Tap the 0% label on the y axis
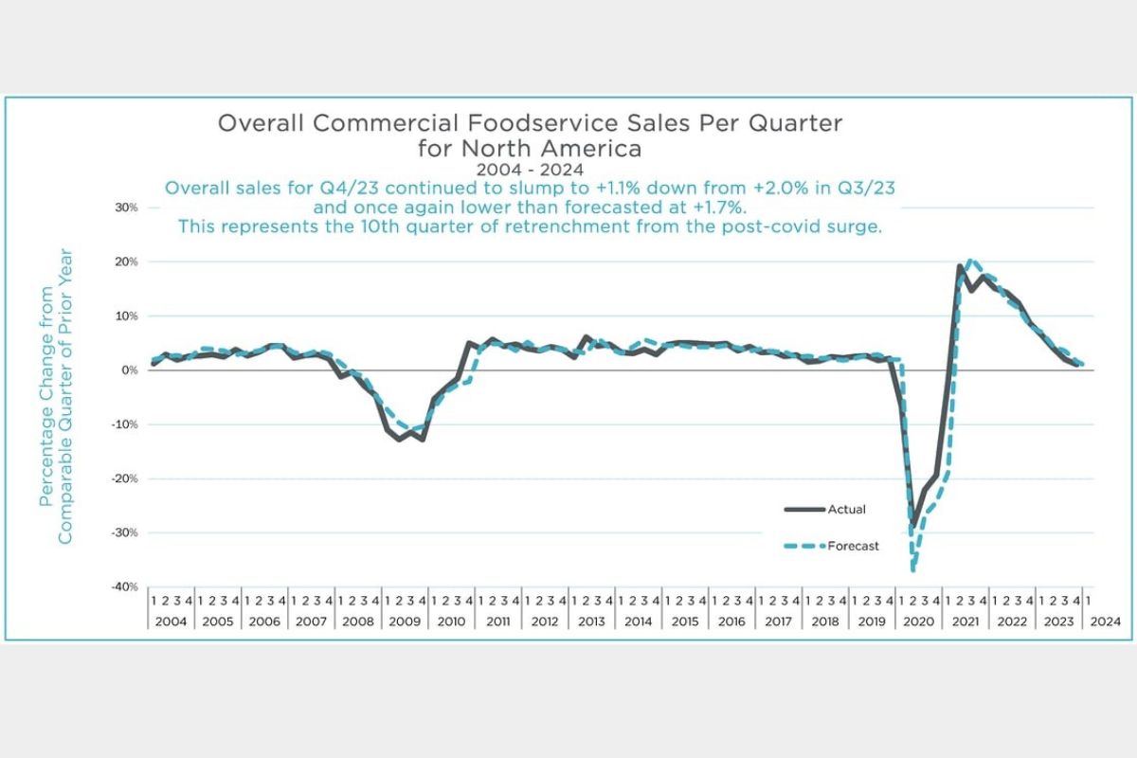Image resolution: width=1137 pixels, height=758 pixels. tap(129, 370)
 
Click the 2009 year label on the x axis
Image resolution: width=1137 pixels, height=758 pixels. tap(405, 622)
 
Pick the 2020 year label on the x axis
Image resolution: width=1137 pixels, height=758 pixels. tap(919, 622)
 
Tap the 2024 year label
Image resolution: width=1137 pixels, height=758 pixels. tap(1107, 622)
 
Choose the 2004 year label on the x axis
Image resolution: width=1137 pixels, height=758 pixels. tap(171, 622)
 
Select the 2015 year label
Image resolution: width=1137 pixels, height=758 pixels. tap(685, 622)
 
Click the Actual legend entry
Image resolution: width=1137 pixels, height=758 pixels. tap(846, 510)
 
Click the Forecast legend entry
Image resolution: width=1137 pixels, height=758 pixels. tap(852, 546)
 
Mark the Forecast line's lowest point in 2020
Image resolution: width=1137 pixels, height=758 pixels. tap(913, 569)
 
